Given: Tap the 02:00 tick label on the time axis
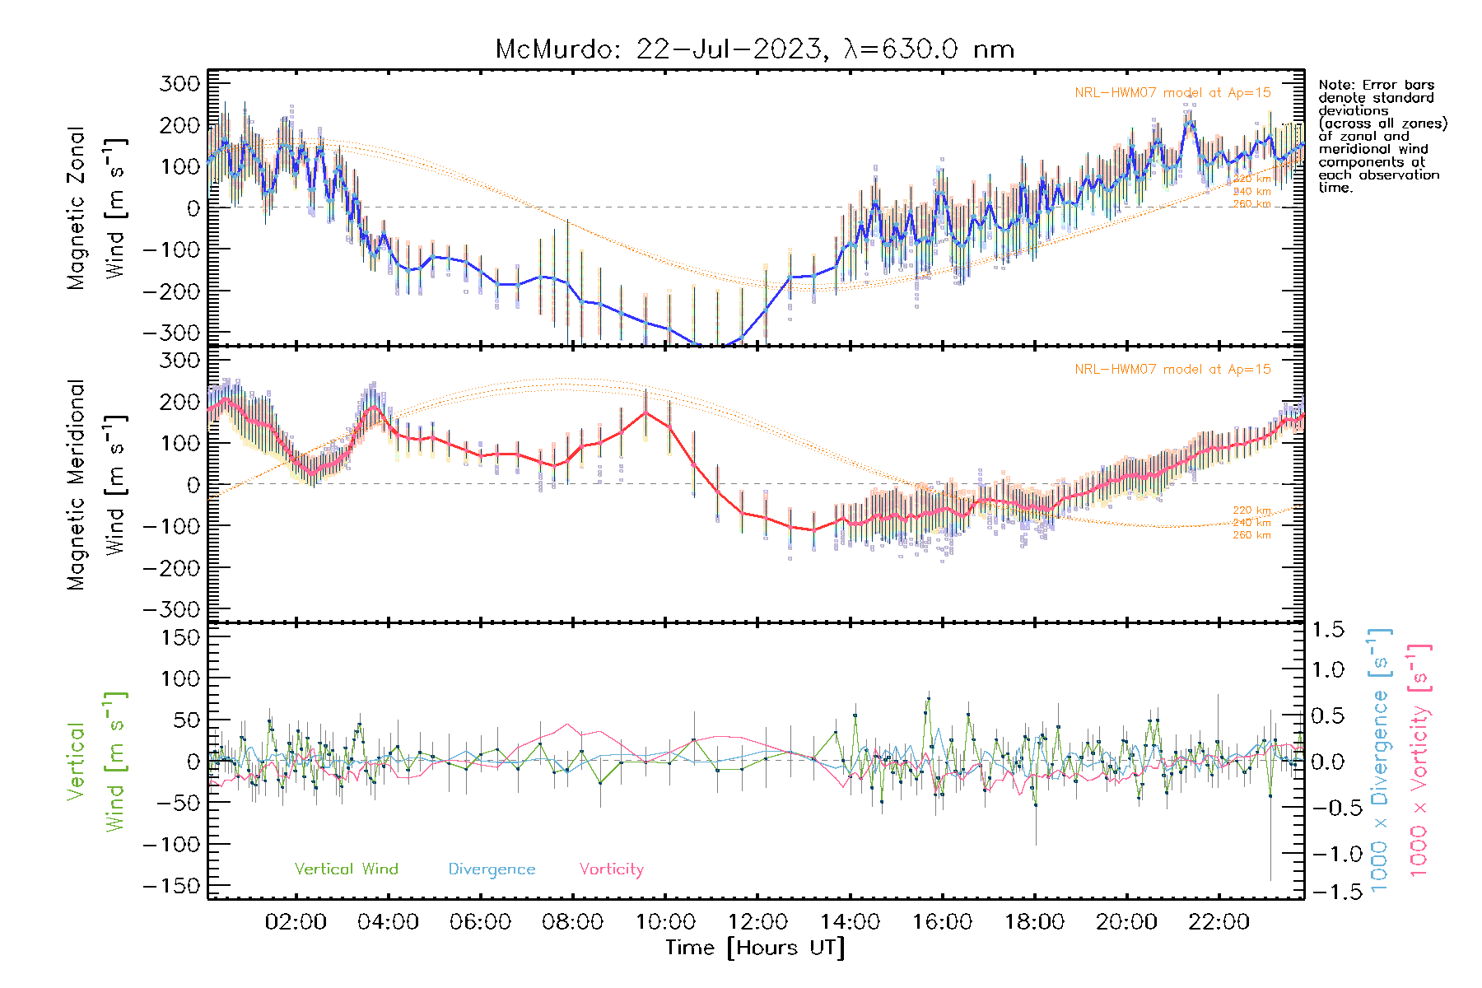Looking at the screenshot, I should tap(296, 921).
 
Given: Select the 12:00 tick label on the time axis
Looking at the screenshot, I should tap(757, 921).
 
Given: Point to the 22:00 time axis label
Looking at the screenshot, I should tap(1219, 921).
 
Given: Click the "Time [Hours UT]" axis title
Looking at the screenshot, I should tap(755, 948).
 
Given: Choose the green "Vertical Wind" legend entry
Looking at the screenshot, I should tap(346, 869).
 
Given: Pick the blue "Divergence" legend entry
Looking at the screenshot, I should tap(492, 869).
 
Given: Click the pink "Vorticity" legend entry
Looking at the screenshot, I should tap(611, 869).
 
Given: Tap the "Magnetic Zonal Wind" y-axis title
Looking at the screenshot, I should tap(97, 208).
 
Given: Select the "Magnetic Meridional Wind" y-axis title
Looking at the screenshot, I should tap(97, 485).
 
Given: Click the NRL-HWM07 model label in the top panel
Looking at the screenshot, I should tap(1172, 93).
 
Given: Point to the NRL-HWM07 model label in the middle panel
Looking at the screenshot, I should tap(1172, 370).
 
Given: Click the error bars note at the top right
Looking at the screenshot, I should tap(1382, 136).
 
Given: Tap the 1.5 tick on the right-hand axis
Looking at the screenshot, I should tap(1327, 630).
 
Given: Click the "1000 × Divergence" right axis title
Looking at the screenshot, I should tap(1380, 760).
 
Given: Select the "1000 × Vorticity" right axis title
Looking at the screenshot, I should tap(1419, 760).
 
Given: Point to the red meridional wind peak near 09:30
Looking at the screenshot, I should tap(646, 411).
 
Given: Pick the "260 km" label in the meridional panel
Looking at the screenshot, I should tap(1251, 535).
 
